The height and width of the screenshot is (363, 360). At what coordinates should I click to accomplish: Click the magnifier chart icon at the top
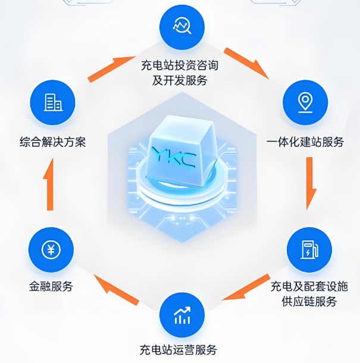pos(181,26)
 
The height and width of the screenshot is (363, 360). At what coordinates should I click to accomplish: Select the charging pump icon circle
pos(309,248)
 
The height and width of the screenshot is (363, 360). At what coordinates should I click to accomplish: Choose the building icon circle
pos(52,102)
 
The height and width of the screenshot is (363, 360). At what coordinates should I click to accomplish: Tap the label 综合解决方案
pos(52,142)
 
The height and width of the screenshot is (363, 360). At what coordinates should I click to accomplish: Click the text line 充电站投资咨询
pos(180,64)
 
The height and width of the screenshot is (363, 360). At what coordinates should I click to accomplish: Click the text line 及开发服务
pos(180,80)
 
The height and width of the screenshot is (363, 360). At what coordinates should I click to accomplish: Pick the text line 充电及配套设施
pos(309,286)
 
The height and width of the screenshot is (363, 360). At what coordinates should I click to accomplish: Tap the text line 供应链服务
pos(309,302)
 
